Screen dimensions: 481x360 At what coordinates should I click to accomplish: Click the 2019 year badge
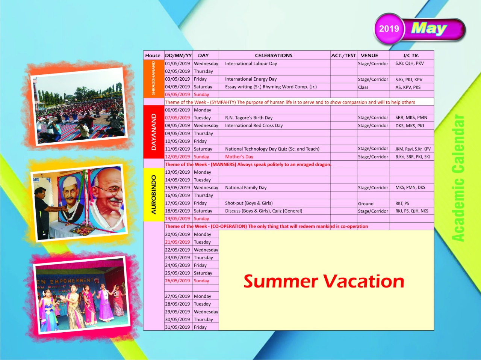click(x=389, y=29)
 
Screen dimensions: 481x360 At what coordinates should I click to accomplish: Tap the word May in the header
click(x=429, y=29)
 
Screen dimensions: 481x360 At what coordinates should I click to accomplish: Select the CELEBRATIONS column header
click(x=274, y=55)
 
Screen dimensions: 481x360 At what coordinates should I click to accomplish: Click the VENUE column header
click(x=369, y=55)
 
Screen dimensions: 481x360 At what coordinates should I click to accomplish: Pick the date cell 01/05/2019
click(x=177, y=63)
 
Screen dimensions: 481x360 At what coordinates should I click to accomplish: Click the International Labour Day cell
click(x=251, y=63)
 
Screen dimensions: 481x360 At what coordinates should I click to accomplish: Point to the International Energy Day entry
click(x=251, y=79)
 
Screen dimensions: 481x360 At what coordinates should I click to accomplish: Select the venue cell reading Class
click(x=363, y=87)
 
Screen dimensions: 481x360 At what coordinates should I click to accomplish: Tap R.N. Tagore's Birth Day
click(x=249, y=118)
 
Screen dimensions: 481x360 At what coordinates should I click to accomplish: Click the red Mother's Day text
click(x=239, y=157)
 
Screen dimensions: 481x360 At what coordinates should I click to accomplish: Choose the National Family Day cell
click(x=246, y=188)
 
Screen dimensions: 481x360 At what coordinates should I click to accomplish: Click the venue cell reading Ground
click(x=366, y=203)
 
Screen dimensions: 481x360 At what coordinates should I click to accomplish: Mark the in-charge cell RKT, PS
click(x=402, y=203)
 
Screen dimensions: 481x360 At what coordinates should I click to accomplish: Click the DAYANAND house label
click(x=154, y=132)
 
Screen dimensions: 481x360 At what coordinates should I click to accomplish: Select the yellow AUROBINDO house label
click(x=154, y=194)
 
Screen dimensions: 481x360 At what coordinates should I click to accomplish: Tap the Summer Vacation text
click(x=324, y=281)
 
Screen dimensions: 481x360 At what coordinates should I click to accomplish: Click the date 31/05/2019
click(x=177, y=327)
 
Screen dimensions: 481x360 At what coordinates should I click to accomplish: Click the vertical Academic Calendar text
click(x=458, y=178)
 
